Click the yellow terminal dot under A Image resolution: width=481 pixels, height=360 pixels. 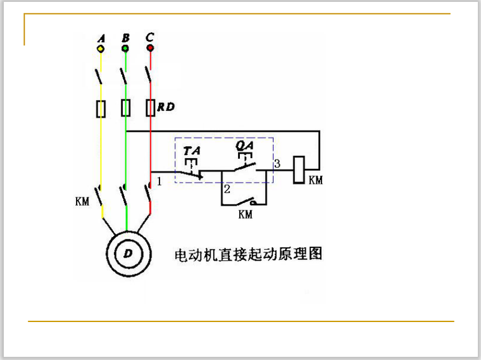(x=101, y=49)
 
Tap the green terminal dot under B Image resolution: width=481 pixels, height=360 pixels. (x=125, y=49)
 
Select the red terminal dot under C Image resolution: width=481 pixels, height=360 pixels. (x=150, y=48)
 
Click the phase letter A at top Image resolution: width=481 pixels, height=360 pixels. (x=101, y=39)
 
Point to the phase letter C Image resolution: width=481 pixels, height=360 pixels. (x=150, y=37)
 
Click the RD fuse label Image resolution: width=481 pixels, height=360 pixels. (x=166, y=107)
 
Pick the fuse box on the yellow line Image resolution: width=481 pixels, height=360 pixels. (x=101, y=109)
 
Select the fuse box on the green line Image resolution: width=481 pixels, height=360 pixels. (x=125, y=108)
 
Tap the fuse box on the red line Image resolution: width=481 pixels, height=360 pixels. (x=150, y=108)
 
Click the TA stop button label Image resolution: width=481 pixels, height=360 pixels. (x=192, y=151)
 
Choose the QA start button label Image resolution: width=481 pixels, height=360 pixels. (x=245, y=145)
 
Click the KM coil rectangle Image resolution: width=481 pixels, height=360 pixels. (x=299, y=170)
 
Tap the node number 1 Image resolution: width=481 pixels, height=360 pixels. (x=159, y=181)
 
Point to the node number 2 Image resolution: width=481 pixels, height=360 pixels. (x=227, y=189)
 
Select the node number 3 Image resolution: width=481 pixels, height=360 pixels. (x=277, y=163)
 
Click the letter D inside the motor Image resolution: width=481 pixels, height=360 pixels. (x=128, y=254)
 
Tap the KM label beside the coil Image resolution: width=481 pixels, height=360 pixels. (x=316, y=180)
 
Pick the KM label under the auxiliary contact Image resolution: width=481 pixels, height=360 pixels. (x=246, y=214)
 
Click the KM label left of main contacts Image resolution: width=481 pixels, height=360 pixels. (x=82, y=201)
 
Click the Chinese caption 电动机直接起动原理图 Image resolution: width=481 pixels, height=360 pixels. (x=248, y=255)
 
